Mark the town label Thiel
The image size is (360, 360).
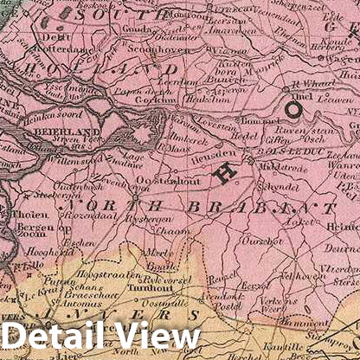point(297,95)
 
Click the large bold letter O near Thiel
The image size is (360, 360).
point(295,110)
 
